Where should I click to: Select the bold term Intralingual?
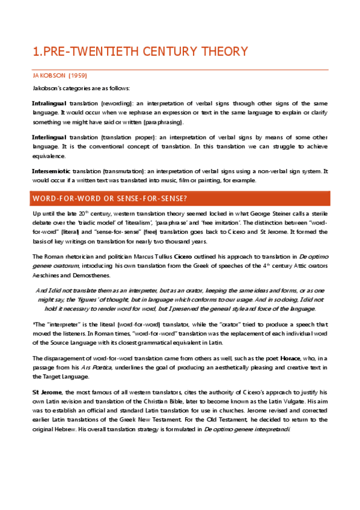[x=49, y=103]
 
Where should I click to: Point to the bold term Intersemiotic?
[x=52, y=171]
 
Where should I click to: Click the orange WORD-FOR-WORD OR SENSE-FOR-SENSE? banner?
[x=180, y=198]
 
